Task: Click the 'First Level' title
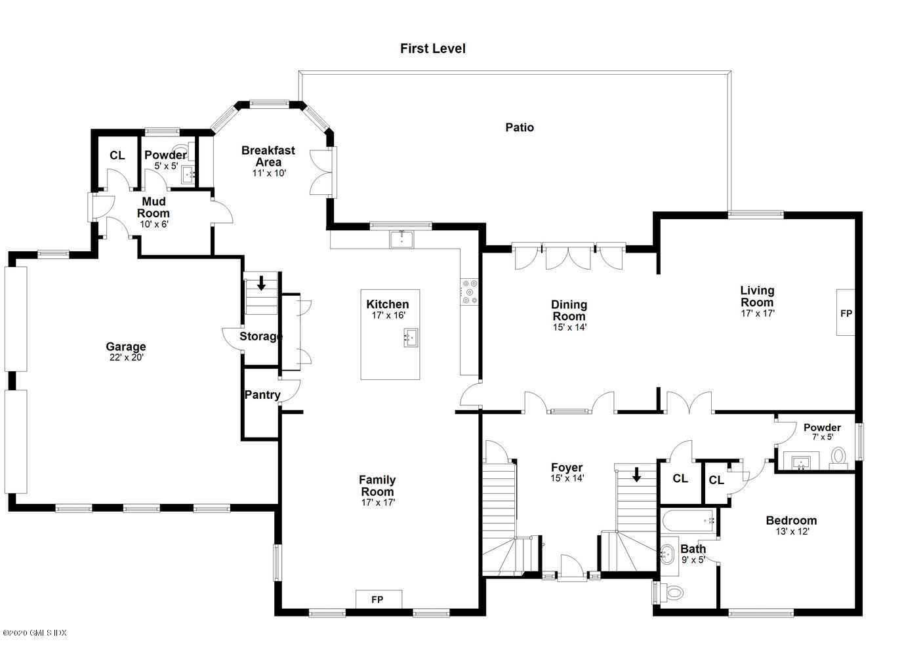pyautogui.click(x=432, y=49)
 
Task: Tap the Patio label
pyautogui.click(x=520, y=127)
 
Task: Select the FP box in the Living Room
pyautogui.click(x=846, y=312)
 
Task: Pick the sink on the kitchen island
pyautogui.click(x=411, y=337)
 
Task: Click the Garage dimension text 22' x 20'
pyautogui.click(x=126, y=358)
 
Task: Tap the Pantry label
pyautogui.click(x=262, y=395)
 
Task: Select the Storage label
pyautogui.click(x=261, y=337)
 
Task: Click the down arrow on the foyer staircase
pyautogui.click(x=636, y=474)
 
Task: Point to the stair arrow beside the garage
pyautogui.click(x=261, y=283)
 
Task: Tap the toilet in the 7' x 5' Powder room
pyautogui.click(x=839, y=457)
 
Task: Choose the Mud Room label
pyautogui.click(x=154, y=207)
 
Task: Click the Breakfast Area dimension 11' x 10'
pyautogui.click(x=269, y=173)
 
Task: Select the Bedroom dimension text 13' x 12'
pyautogui.click(x=792, y=531)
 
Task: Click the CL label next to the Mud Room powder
pyautogui.click(x=117, y=155)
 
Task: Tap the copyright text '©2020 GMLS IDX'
pyautogui.click(x=34, y=633)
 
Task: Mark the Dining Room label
pyautogui.click(x=569, y=310)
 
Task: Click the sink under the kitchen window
pyautogui.click(x=401, y=239)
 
